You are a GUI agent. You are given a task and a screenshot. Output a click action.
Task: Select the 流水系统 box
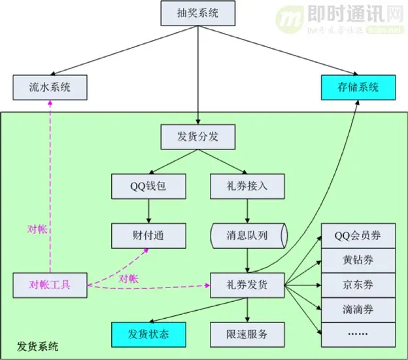(50, 88)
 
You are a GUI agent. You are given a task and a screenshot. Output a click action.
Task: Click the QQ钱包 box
(148, 186)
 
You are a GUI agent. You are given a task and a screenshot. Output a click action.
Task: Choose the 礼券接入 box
(248, 186)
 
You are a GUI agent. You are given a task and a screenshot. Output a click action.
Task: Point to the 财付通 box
(148, 234)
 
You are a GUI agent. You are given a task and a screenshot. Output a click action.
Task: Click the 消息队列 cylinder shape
(247, 234)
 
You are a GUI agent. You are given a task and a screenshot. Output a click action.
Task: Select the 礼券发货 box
(247, 285)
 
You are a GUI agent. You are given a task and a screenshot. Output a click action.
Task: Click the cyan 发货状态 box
(148, 334)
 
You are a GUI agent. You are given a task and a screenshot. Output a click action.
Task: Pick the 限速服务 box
(247, 334)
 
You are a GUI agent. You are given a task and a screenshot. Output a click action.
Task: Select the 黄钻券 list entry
(358, 260)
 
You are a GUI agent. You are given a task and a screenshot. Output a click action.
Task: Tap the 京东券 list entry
(358, 285)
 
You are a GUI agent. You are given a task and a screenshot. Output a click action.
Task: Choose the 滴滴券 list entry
(358, 309)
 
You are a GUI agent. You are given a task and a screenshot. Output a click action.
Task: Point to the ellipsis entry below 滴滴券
(358, 334)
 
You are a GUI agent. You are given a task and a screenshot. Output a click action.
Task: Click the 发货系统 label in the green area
(38, 346)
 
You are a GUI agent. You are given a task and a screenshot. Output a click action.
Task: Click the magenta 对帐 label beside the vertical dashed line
(37, 229)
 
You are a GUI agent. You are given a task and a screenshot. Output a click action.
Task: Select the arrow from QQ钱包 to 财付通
(149, 210)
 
